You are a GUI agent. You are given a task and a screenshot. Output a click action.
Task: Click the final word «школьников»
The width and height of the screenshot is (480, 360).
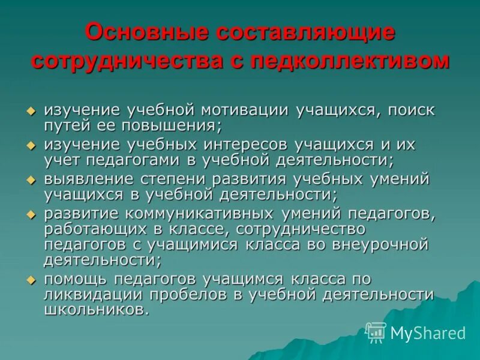click(x=95, y=310)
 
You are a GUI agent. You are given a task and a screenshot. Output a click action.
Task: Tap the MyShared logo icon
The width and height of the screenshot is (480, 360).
click(x=376, y=332)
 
